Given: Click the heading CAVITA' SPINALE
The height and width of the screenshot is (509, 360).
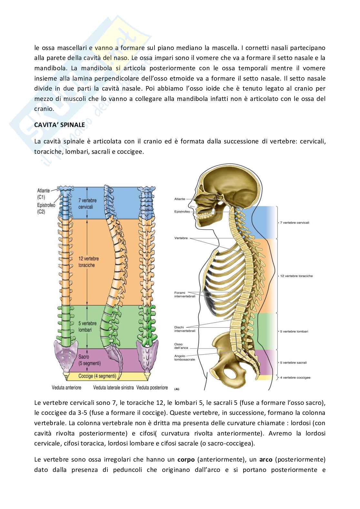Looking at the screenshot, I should (x=60, y=125).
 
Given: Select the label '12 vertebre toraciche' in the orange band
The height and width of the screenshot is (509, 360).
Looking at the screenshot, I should (x=89, y=262).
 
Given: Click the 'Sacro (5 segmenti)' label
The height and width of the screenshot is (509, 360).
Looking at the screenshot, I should (x=89, y=360).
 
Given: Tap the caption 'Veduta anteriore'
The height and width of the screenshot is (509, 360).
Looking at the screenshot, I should (x=66, y=387).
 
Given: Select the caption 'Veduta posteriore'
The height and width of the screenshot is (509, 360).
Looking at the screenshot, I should (x=152, y=387).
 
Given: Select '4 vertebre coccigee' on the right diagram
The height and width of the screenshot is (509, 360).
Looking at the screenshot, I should (x=295, y=377).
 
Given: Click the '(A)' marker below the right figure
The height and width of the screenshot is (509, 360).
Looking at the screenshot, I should (x=176, y=389).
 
